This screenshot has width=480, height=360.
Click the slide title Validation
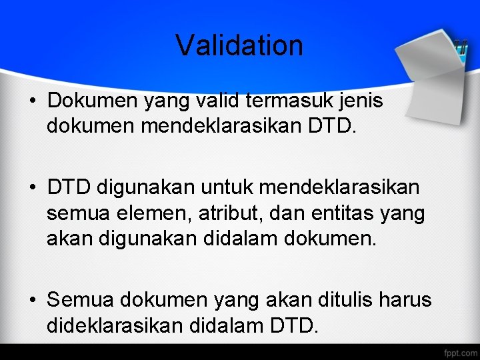239,45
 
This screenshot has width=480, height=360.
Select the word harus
407,300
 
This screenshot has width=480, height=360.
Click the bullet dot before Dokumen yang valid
33,101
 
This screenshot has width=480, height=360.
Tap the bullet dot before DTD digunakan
33,189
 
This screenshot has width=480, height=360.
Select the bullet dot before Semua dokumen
33,301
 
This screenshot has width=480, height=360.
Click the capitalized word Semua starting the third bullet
81,300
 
